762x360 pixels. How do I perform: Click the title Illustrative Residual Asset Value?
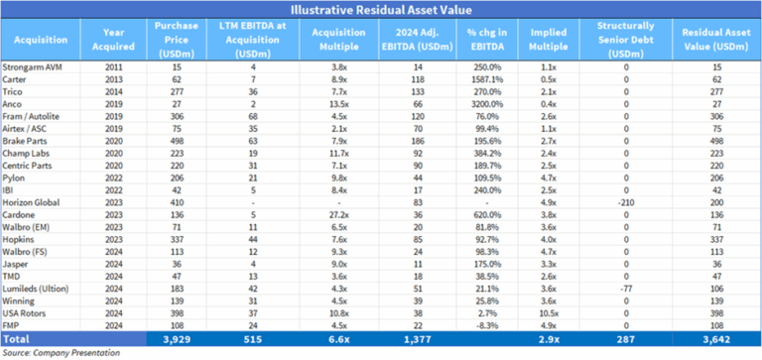click(381, 10)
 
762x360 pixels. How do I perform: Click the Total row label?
click(20, 338)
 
